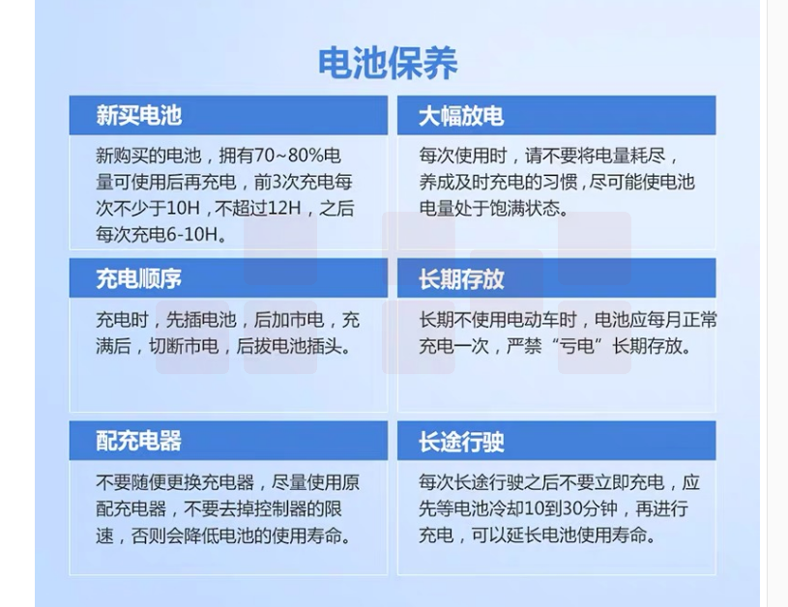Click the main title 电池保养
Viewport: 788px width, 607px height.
point(388,63)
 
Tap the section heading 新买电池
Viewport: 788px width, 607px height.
point(138,116)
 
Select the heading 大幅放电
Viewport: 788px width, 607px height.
point(461,116)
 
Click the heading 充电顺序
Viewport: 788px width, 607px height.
point(138,279)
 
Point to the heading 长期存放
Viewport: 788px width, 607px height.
point(461,279)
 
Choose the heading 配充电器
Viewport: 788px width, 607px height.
point(138,441)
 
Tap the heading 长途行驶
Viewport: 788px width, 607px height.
point(461,442)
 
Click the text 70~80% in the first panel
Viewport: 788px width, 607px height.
point(288,156)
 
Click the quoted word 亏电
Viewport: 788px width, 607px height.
point(578,346)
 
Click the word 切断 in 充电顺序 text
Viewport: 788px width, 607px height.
point(166,346)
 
